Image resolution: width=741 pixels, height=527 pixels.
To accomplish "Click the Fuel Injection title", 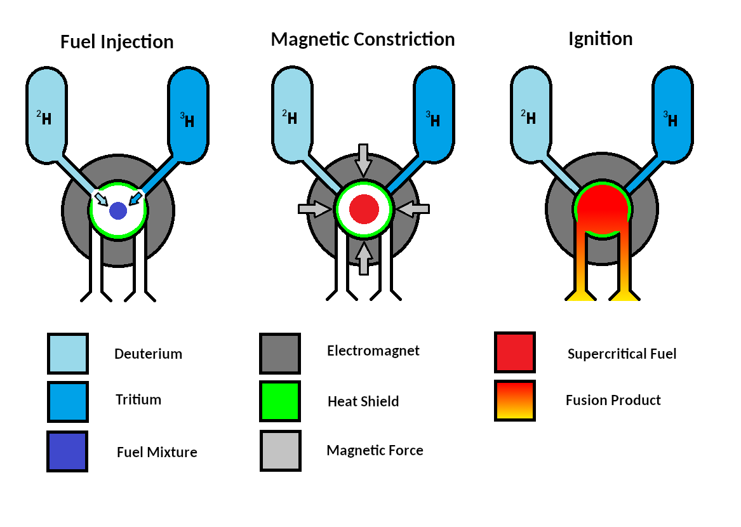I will point(117,43).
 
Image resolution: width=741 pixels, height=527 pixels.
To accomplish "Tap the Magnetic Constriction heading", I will point(363,39).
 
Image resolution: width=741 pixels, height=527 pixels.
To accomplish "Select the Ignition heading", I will point(600,39).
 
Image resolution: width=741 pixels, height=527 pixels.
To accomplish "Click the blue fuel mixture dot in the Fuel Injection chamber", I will point(118,211).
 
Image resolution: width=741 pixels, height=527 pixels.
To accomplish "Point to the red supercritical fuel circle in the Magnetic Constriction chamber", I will point(364,209).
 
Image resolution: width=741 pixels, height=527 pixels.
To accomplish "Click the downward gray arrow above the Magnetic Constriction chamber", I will point(363,159).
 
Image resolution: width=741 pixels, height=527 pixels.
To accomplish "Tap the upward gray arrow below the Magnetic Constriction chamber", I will point(363,258).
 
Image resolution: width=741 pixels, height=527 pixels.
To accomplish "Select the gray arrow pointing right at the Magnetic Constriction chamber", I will point(315,208).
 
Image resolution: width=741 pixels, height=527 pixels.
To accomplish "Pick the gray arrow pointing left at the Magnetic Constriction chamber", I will point(412,208).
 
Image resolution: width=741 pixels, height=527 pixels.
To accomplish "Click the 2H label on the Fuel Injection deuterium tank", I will point(44,117).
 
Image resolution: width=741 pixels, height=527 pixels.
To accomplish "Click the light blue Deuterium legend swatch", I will point(68,353).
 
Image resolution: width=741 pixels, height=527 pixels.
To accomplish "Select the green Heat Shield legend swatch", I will point(280,401).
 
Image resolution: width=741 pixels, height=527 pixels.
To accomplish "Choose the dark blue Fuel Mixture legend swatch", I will point(67,451).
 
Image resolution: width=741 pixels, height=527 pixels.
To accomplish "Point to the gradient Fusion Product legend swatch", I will point(515,401).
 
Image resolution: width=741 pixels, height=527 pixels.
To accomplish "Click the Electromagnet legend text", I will point(373,350).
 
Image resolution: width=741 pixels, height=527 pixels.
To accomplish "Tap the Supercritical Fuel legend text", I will point(622,354).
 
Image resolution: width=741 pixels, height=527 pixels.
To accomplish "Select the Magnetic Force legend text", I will point(375,450).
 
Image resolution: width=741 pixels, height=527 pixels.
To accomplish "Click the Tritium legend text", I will point(138,399).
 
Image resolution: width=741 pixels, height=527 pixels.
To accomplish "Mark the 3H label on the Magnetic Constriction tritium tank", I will point(434,119).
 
